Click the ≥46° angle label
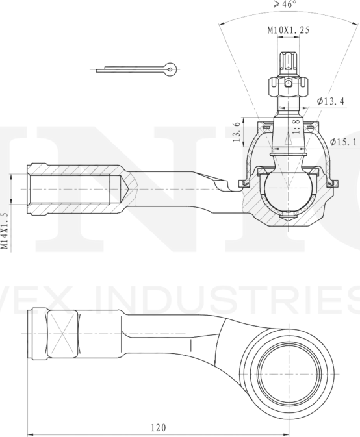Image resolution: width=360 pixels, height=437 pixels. tap(284, 5)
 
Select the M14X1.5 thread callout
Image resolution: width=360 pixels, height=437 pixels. tap(5, 231)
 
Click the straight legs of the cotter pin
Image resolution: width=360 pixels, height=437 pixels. tap(130, 68)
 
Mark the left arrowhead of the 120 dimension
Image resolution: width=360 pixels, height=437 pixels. tap(31, 435)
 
